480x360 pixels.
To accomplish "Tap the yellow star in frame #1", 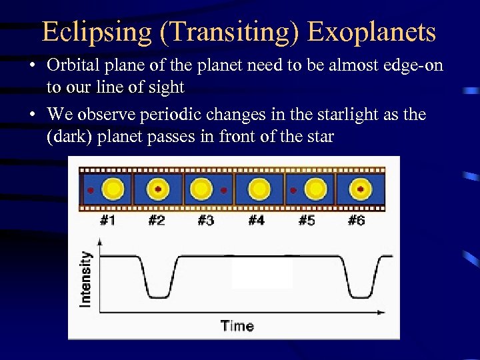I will click(113, 189).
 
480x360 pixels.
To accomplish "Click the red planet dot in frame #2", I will click(158, 189).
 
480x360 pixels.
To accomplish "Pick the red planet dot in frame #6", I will click(361, 189).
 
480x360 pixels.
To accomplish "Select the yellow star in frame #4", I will click(260, 189).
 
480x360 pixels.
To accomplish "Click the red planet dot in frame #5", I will click(293, 190).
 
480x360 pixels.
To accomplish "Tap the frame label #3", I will click(206, 220).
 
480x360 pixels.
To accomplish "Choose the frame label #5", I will click(307, 220).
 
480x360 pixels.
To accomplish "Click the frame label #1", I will click(107, 220).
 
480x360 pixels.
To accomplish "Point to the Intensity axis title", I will click(85, 279).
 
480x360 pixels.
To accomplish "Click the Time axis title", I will click(237, 326).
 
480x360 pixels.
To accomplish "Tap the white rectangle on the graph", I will click(262, 273).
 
